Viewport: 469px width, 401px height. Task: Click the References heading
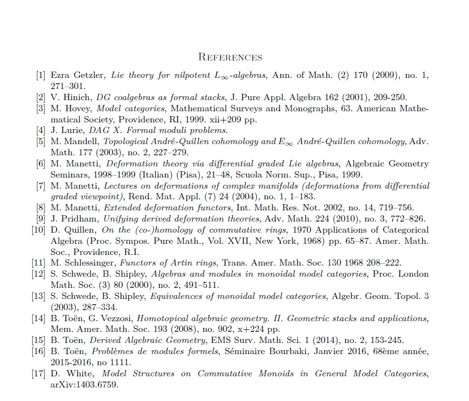pyautogui.click(x=230, y=58)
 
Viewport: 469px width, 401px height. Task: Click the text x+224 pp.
pyautogui.click(x=263, y=329)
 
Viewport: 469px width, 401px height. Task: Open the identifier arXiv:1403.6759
pyautogui.click(x=84, y=385)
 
